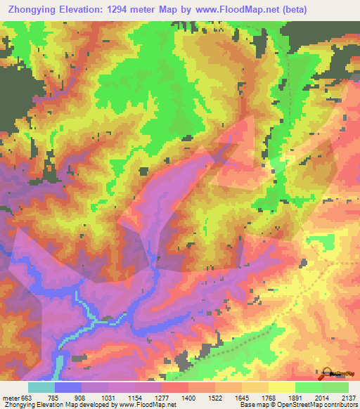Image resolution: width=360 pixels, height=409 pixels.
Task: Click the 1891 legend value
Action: click(x=296, y=397)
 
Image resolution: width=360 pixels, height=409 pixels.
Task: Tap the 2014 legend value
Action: click(x=323, y=397)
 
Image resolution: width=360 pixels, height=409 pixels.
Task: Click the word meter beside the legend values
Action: click(x=10, y=397)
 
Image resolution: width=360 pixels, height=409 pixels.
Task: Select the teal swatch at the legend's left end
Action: click(x=41, y=387)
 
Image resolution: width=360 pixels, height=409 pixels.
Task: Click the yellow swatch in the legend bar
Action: click(x=282, y=387)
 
